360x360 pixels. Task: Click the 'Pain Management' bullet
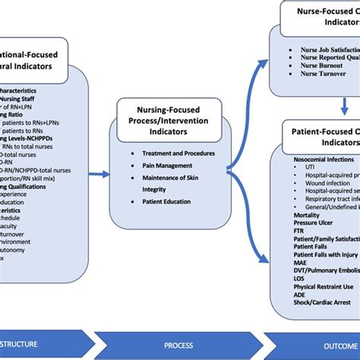click(x=166, y=165)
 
